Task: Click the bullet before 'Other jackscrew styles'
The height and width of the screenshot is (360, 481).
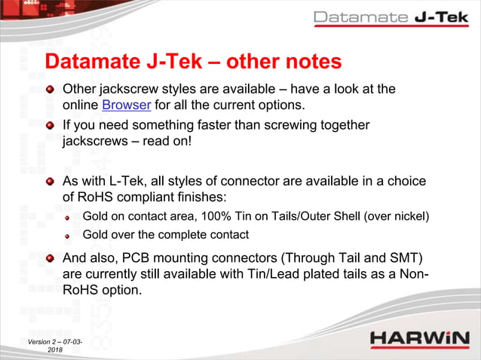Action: click(x=51, y=90)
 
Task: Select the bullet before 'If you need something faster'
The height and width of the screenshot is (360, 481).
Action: click(x=51, y=126)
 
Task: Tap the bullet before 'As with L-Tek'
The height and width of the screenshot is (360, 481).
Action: click(x=51, y=182)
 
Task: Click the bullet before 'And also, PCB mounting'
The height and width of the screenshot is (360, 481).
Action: click(x=51, y=258)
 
